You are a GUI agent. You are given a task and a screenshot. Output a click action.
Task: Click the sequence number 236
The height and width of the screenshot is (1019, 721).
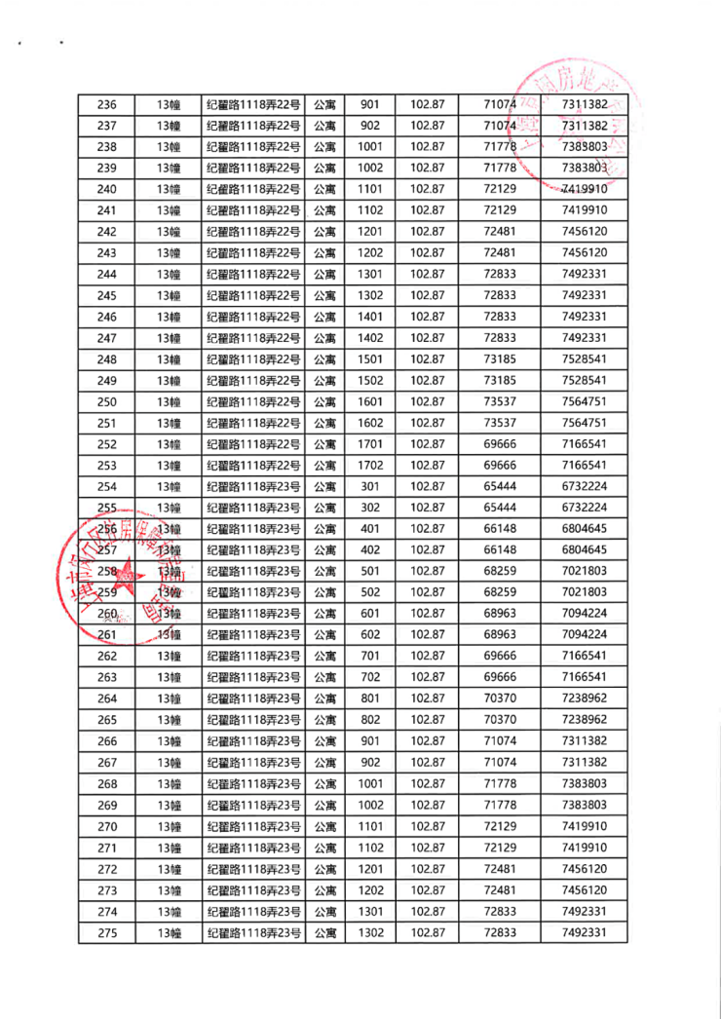pyautogui.click(x=107, y=104)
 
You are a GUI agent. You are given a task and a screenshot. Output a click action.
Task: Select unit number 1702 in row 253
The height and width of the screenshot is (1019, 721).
pyautogui.click(x=371, y=466)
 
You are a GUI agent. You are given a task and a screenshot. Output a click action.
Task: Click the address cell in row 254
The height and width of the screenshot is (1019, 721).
pyautogui.click(x=252, y=486)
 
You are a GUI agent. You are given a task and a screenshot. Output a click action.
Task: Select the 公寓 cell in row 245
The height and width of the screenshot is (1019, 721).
pyautogui.click(x=324, y=295)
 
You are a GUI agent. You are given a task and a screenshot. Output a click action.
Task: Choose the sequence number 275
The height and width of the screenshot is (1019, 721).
pyautogui.click(x=107, y=933)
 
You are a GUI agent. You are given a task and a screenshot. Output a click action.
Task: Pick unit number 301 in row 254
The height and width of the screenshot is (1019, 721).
pyautogui.click(x=371, y=486)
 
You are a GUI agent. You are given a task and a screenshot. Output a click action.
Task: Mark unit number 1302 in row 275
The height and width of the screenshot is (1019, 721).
pyautogui.click(x=371, y=933)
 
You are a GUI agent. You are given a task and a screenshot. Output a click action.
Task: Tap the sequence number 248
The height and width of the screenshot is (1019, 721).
pyautogui.click(x=107, y=359)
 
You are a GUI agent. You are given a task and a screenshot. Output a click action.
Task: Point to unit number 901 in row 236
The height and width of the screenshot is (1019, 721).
pyautogui.click(x=371, y=104)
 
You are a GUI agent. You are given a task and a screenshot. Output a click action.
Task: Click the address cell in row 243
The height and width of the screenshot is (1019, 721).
pyautogui.click(x=252, y=252)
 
